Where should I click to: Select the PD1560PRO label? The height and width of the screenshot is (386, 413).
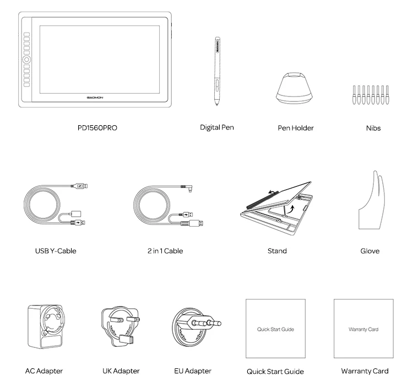pyautogui.click(x=97, y=128)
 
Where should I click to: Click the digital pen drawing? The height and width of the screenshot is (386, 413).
pyautogui.click(x=218, y=72)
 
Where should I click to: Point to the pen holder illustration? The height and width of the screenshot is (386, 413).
pyautogui.click(x=295, y=88)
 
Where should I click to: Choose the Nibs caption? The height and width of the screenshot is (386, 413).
pyautogui.click(x=373, y=128)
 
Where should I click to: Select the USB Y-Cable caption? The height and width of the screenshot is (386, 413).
pyautogui.click(x=56, y=251)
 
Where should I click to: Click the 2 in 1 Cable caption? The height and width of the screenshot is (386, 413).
pyautogui.click(x=165, y=251)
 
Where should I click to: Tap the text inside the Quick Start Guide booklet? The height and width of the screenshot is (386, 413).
pyautogui.click(x=275, y=329)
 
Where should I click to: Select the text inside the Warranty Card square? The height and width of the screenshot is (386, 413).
pyautogui.click(x=363, y=329)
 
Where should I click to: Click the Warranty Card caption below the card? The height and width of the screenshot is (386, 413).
pyautogui.click(x=365, y=371)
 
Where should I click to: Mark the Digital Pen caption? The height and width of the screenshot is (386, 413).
pyautogui.click(x=217, y=127)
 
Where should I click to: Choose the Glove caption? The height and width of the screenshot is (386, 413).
pyautogui.click(x=369, y=251)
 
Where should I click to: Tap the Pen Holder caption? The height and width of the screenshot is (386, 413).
pyautogui.click(x=296, y=128)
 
